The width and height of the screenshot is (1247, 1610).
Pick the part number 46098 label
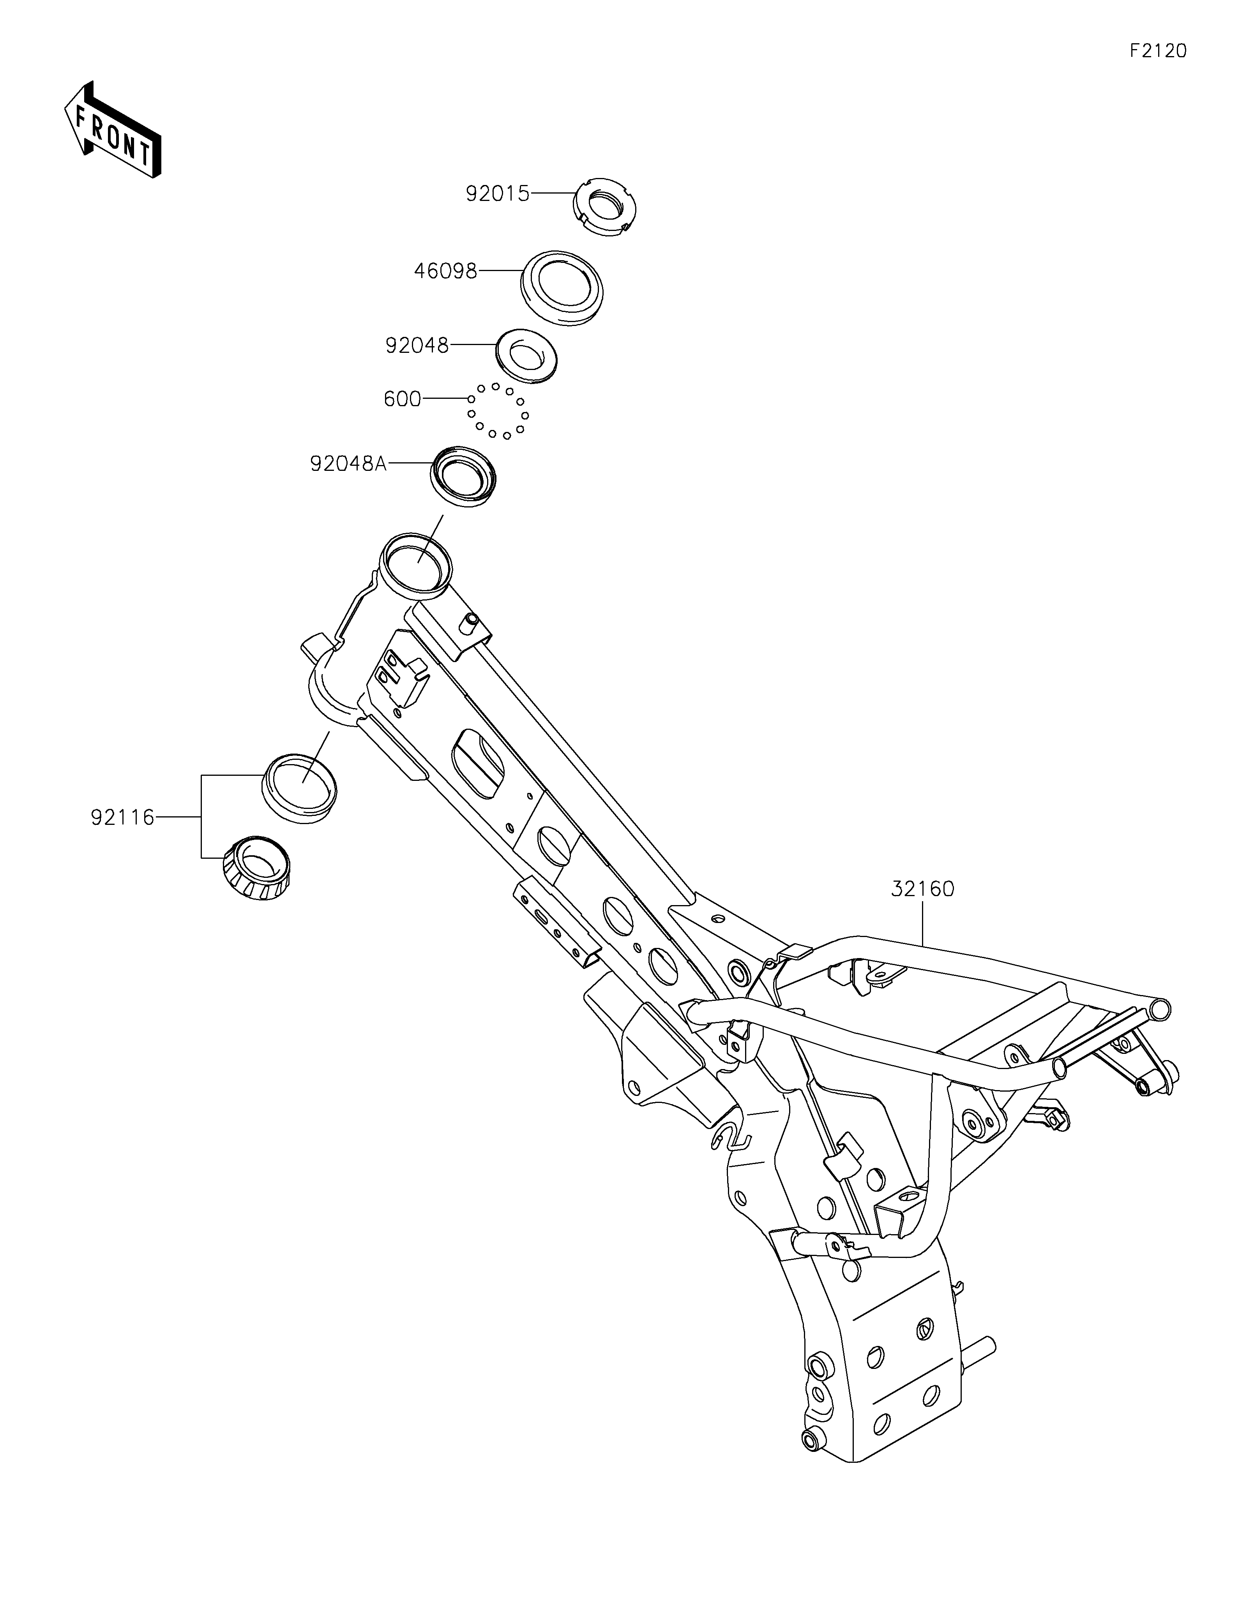click(x=445, y=271)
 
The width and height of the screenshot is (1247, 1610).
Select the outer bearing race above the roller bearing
click(x=299, y=788)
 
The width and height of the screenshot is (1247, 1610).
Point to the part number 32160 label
click(x=922, y=890)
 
